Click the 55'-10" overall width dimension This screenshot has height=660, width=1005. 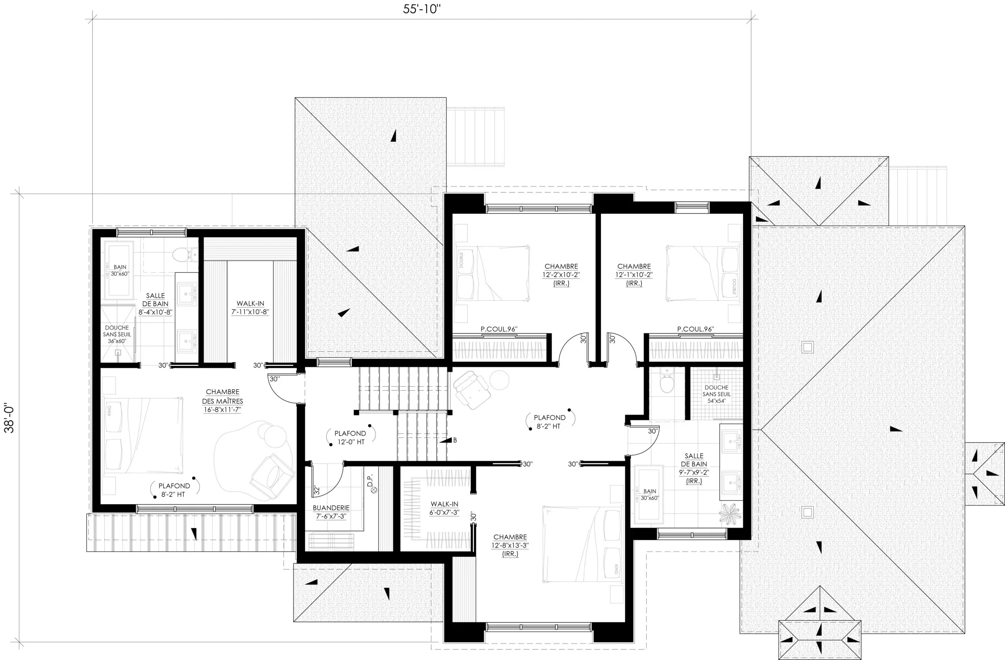(x=421, y=9)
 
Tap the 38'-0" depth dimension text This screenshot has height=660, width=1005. (x=9, y=419)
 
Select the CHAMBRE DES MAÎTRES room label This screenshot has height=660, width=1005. (x=223, y=401)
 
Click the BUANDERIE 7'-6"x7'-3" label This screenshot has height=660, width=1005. (x=331, y=512)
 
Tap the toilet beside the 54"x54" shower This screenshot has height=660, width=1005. (x=666, y=381)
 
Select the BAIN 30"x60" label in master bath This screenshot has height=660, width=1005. (x=120, y=270)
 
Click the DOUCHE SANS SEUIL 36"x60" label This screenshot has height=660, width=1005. (x=117, y=334)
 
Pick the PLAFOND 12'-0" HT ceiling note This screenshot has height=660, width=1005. (x=350, y=437)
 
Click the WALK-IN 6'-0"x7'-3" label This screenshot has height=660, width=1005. (x=444, y=508)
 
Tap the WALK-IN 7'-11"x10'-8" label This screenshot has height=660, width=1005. (x=250, y=307)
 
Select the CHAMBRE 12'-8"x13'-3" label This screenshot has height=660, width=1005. (x=510, y=545)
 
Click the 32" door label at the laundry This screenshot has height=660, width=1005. (x=317, y=490)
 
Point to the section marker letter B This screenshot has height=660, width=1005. (x=455, y=440)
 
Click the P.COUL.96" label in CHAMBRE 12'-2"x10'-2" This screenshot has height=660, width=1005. (x=499, y=329)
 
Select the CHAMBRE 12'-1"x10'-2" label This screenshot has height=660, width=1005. (x=634, y=274)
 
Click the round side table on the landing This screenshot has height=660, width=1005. (x=499, y=380)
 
